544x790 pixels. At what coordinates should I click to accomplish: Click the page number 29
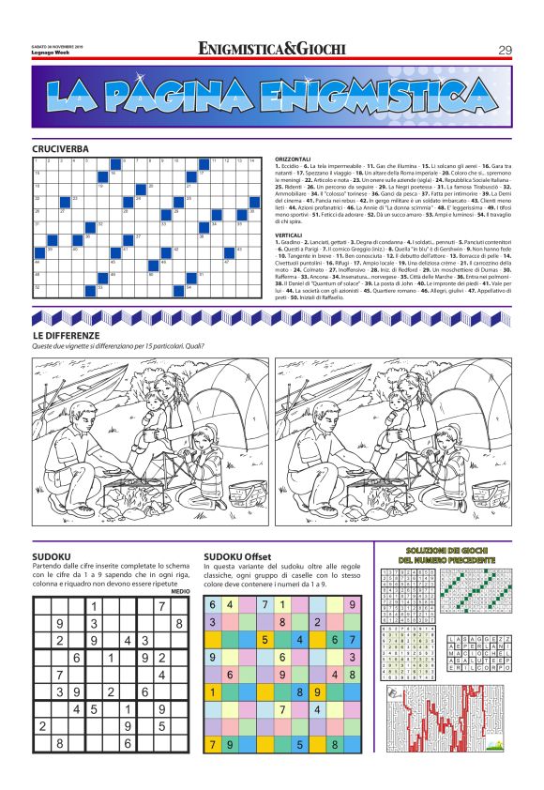coord(505,50)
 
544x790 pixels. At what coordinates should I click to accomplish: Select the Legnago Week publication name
coord(45,52)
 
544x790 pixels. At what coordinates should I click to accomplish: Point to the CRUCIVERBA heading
coord(60,149)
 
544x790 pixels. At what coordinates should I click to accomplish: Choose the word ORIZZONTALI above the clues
coord(295,160)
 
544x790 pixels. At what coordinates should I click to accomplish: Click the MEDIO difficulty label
coord(180,591)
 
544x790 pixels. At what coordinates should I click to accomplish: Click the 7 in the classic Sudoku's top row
coord(162,606)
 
